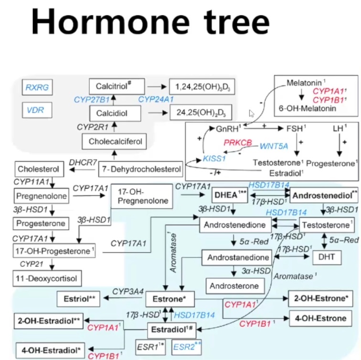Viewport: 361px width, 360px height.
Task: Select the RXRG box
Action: pyautogui.click(x=38, y=87)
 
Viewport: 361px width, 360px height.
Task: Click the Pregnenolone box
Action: pyautogui.click(x=41, y=196)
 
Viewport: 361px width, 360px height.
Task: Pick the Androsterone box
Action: pyautogui.click(x=234, y=286)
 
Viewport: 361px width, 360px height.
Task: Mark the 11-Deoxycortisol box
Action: pyautogui.click(x=47, y=277)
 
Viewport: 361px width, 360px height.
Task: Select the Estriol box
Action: pyautogui.click(x=79, y=299)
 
